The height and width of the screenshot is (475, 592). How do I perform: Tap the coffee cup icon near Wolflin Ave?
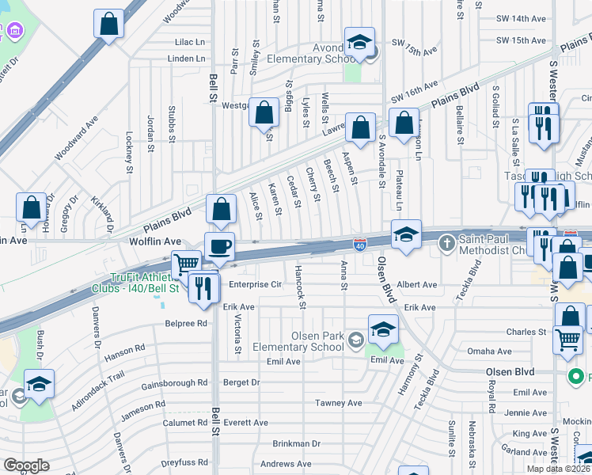pyautogui.click(x=219, y=246)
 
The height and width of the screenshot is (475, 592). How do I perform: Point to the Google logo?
pyautogui.click(x=26, y=465)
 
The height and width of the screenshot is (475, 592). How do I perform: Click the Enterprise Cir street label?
pyautogui.click(x=255, y=284)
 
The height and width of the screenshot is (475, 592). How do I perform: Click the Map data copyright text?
pyautogui.click(x=559, y=469)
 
